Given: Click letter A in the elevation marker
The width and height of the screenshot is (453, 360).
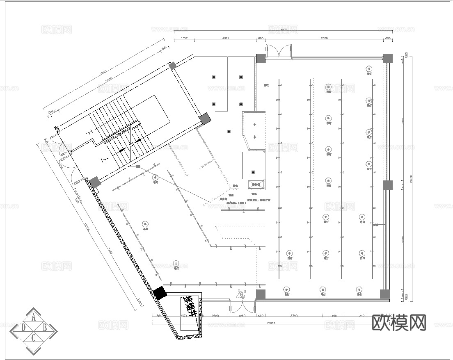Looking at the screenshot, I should [34, 317].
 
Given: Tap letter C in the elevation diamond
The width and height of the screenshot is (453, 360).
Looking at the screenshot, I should [34, 338].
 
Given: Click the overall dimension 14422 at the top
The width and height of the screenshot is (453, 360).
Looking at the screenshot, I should [282, 30].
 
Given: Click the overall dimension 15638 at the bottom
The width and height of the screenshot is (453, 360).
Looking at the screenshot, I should [270, 323].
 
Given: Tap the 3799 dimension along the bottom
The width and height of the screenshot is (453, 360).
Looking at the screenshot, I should [294, 316].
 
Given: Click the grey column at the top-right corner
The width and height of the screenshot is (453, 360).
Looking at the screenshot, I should [387, 58].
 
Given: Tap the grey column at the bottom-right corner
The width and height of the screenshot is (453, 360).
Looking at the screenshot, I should [384, 294].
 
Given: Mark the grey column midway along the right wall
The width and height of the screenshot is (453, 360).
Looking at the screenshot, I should [387, 185].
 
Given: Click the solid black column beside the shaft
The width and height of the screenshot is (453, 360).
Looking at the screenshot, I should [160, 293].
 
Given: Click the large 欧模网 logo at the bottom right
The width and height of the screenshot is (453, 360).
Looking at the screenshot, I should [399, 323].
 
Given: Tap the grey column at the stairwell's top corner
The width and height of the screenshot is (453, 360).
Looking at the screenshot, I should [173, 66].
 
